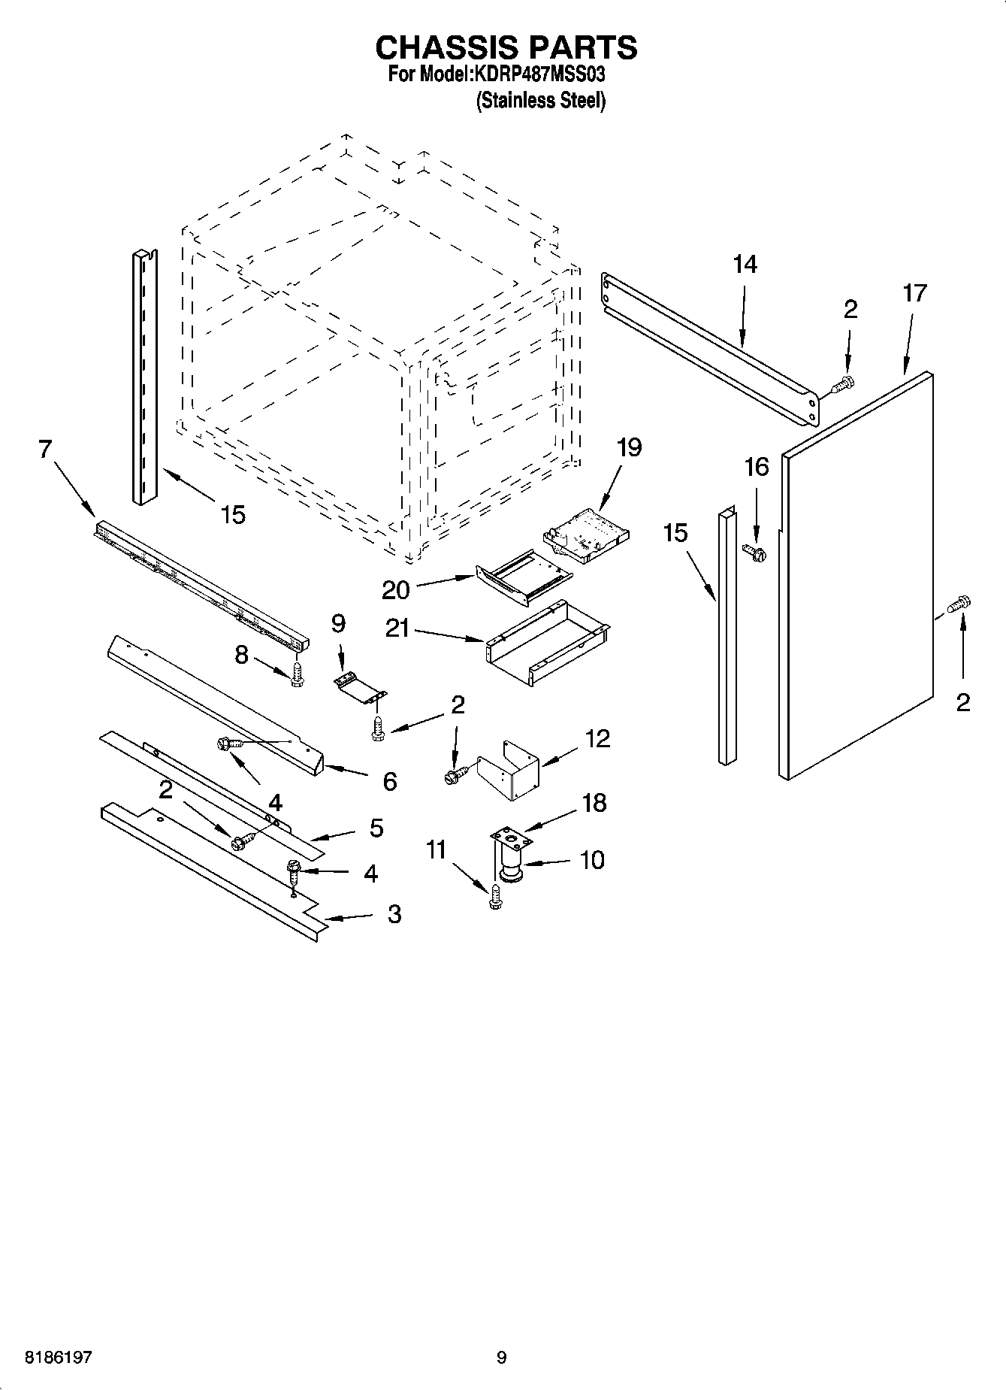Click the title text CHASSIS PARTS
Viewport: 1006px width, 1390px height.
click(x=506, y=47)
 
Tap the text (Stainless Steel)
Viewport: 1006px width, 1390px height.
click(x=540, y=101)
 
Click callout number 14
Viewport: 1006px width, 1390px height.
click(x=745, y=265)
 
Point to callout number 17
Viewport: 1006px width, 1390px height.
click(x=914, y=293)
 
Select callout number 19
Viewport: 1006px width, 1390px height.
click(x=629, y=448)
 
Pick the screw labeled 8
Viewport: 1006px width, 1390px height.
click(x=298, y=674)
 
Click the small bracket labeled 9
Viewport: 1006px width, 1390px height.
click(x=359, y=686)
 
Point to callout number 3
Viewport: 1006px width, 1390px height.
click(x=394, y=914)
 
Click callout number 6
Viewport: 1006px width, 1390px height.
click(x=389, y=782)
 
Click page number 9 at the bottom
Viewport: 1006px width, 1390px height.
click(x=502, y=1358)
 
